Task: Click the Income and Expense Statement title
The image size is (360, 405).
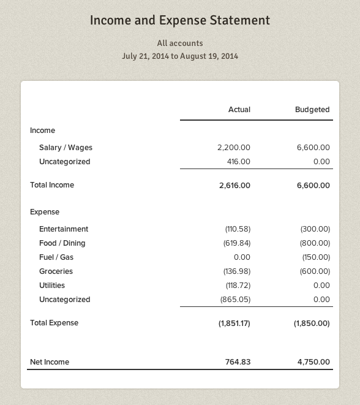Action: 180,20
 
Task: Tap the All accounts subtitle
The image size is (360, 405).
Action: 180,43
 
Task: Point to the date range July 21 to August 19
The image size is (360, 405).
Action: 180,56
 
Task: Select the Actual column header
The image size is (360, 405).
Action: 239,110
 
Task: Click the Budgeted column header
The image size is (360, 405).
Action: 312,110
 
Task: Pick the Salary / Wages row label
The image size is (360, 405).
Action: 66,148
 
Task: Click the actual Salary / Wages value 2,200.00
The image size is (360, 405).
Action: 234,148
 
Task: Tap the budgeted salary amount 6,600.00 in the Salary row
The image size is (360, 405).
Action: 313,148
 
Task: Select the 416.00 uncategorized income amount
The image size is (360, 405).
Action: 238,162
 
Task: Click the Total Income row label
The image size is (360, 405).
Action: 52,184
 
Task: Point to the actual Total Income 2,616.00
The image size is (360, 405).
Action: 234,185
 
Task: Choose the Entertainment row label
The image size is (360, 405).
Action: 64,229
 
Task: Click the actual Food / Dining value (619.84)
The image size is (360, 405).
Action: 237,243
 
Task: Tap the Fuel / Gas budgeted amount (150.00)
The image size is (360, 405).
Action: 316,257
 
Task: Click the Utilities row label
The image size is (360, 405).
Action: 52,286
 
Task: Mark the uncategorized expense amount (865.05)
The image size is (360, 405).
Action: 235,300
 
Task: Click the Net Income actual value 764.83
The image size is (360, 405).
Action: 238,362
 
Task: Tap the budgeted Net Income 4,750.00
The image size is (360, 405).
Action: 313,362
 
